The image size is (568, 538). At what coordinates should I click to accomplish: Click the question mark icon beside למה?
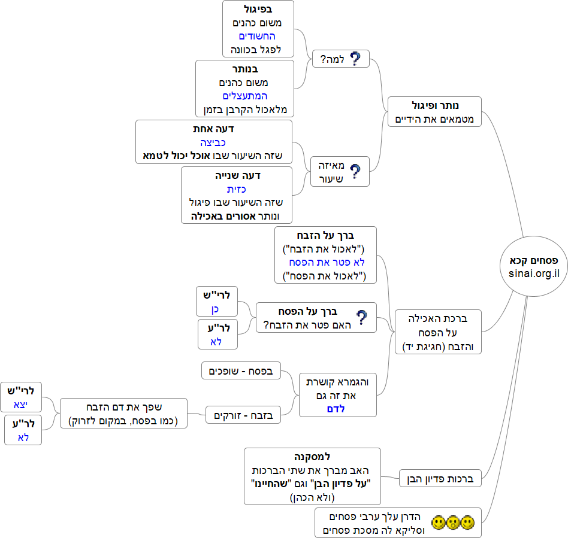(x=355, y=59)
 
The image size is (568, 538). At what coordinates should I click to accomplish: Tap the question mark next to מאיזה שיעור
(x=355, y=172)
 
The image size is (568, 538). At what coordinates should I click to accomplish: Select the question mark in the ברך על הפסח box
(x=362, y=317)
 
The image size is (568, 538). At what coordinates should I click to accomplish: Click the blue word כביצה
(x=213, y=142)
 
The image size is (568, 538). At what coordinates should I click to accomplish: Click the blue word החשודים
(x=257, y=37)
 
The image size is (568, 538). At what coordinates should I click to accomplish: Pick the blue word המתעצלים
(x=245, y=96)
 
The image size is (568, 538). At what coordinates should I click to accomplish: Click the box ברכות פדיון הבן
(x=440, y=479)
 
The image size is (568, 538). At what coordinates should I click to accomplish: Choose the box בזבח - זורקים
(x=243, y=414)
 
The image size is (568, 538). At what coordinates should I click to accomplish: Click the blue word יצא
(x=21, y=403)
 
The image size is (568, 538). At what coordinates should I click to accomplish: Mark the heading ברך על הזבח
(x=326, y=235)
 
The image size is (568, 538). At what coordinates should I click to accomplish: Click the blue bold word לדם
(x=338, y=409)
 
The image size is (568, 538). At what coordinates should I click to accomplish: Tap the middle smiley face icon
(x=453, y=523)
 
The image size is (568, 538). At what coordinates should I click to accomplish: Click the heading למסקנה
(x=313, y=456)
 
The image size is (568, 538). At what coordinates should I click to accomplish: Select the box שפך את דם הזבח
(x=124, y=413)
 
